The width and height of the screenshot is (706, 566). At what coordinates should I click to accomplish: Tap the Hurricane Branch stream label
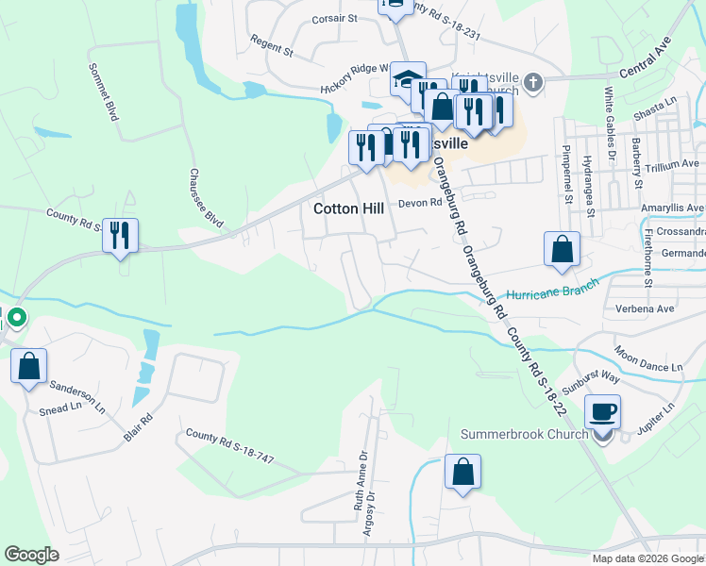tap(551, 293)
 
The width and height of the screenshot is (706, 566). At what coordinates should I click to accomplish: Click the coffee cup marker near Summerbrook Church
tap(602, 411)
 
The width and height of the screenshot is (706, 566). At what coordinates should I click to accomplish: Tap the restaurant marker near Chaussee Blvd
tap(120, 235)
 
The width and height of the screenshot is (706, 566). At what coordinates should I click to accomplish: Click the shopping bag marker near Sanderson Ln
tap(28, 365)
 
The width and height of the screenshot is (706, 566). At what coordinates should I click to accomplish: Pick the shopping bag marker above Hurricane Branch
tap(562, 248)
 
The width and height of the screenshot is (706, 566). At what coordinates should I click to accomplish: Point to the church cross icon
tap(533, 83)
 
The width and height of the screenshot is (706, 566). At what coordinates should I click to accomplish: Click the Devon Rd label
tap(420, 203)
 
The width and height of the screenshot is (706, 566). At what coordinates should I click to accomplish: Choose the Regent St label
tap(273, 45)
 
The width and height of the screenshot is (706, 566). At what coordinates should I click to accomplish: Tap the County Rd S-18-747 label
tap(229, 446)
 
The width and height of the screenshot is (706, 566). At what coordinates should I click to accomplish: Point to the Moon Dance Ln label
tap(647, 358)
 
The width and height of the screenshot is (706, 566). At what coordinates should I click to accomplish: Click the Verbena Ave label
tap(652, 308)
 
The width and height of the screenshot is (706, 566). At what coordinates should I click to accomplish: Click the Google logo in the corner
tap(32, 555)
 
